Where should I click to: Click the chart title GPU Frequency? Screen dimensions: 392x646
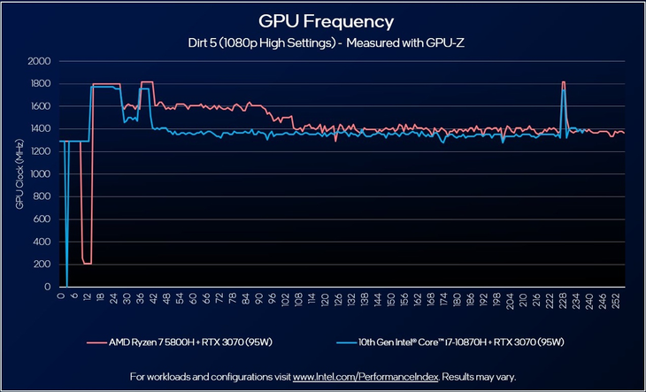326,20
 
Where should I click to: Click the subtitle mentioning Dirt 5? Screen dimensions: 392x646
326,42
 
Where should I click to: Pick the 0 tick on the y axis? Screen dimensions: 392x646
48,287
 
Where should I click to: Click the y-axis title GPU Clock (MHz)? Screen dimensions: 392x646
19,174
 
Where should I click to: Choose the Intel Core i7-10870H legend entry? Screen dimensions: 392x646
464,342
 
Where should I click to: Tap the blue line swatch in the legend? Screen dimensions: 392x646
347,342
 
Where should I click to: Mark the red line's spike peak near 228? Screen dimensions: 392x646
564,82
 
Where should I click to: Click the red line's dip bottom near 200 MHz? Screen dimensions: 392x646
87,264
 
